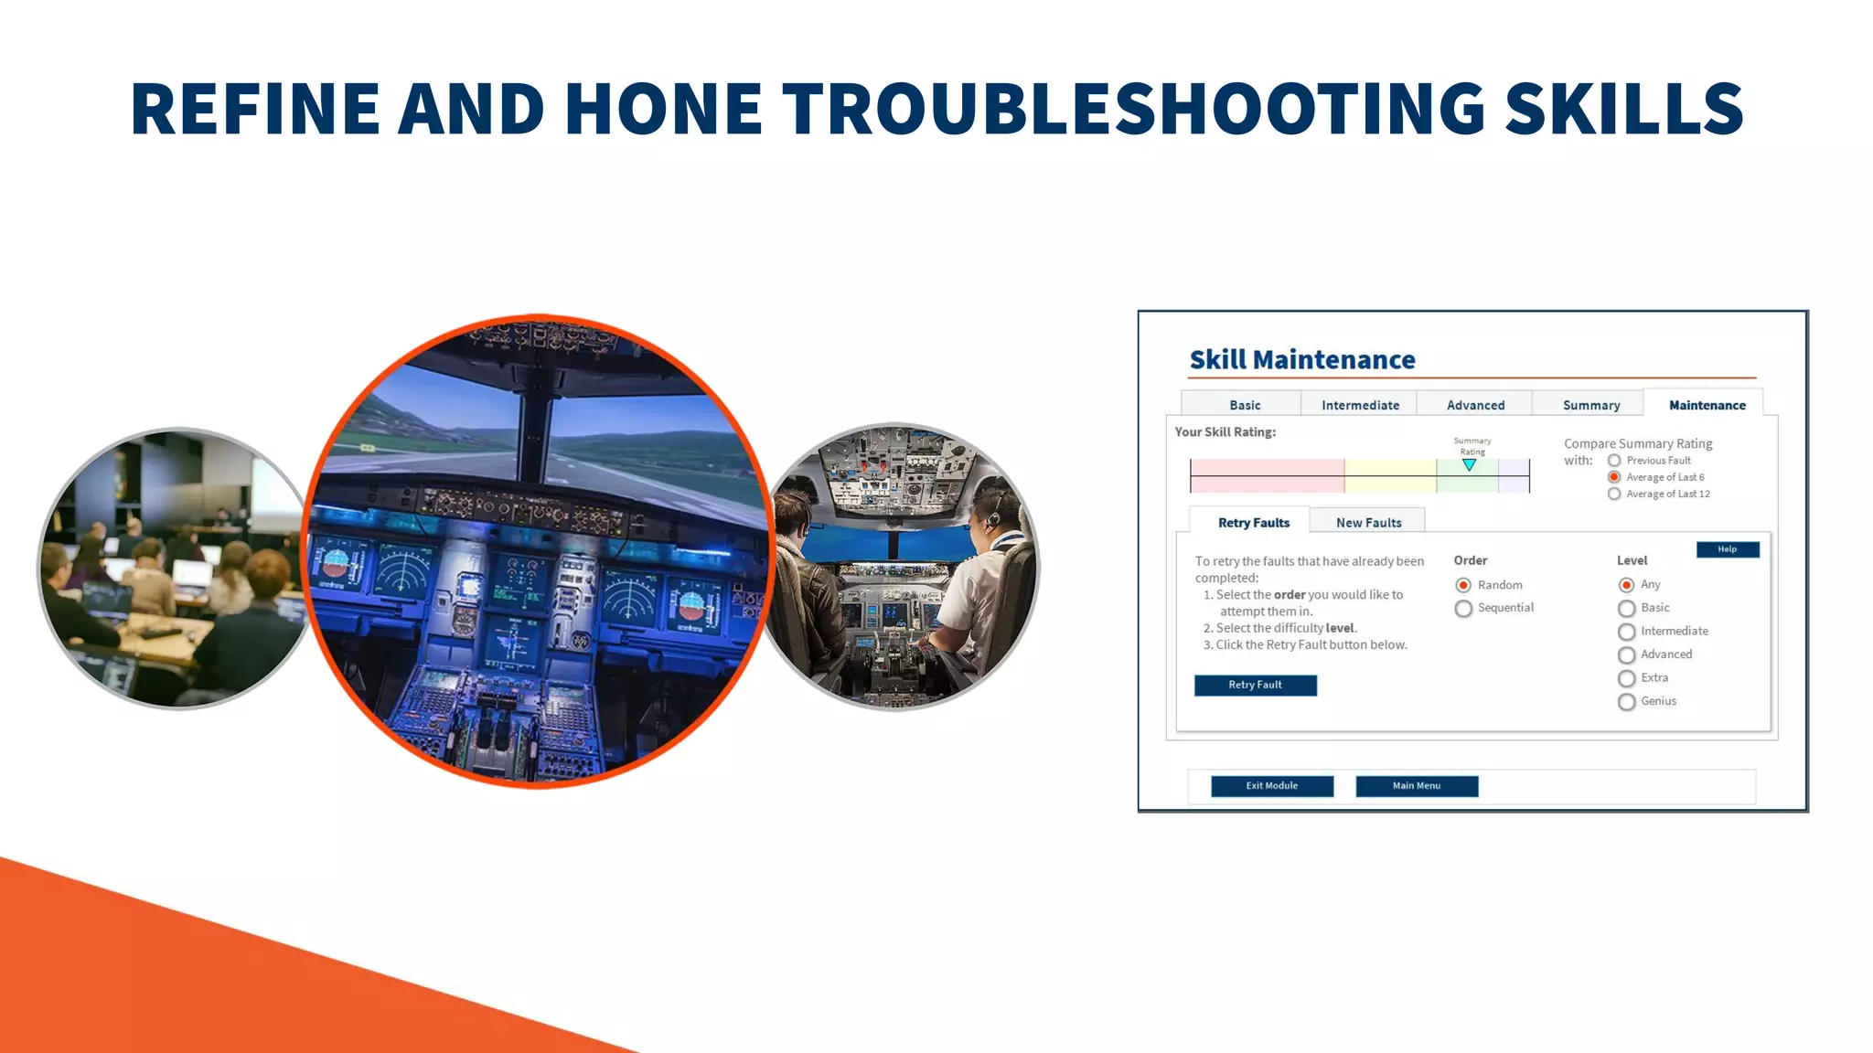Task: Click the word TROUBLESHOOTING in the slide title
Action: point(1133,109)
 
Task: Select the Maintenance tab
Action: point(1707,405)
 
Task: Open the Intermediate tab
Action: point(1360,405)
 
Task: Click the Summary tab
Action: point(1590,405)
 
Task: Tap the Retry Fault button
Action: point(1255,686)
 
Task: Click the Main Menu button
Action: point(1416,786)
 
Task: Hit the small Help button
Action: point(1727,549)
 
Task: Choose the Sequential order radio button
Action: point(1463,609)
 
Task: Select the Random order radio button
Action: point(1463,585)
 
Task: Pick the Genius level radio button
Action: point(1626,702)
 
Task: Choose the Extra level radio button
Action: point(1626,678)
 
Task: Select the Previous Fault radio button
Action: point(1614,461)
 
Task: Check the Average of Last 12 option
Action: point(1614,495)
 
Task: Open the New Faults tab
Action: point(1368,523)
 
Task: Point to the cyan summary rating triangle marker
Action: point(1469,465)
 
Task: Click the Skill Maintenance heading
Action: point(1301,360)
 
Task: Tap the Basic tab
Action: point(1244,405)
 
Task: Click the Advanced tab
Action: point(1475,405)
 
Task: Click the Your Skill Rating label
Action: point(1225,432)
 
